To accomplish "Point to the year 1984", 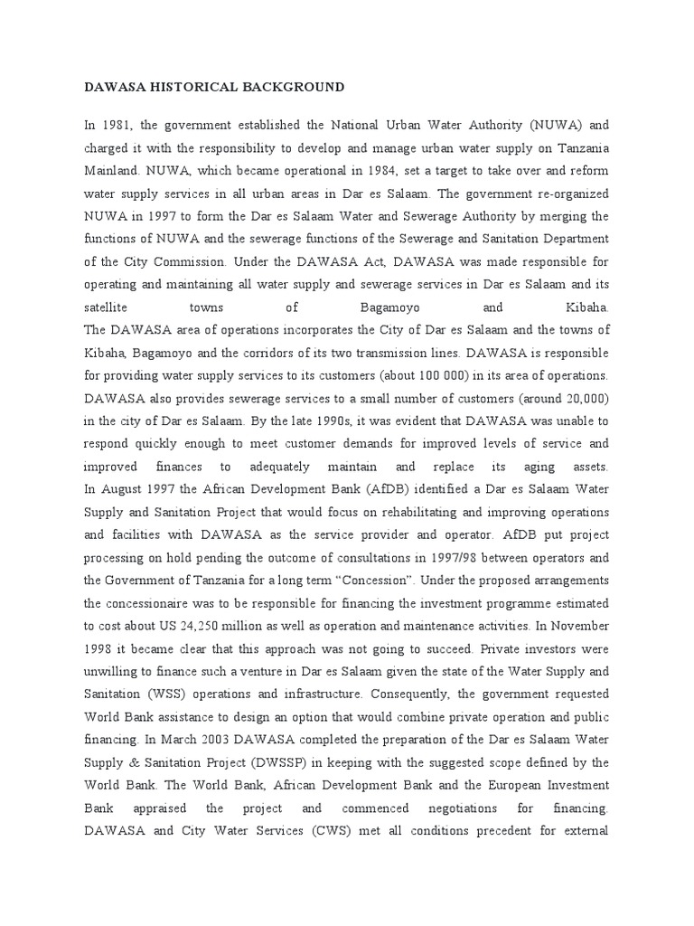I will (x=372, y=171).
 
